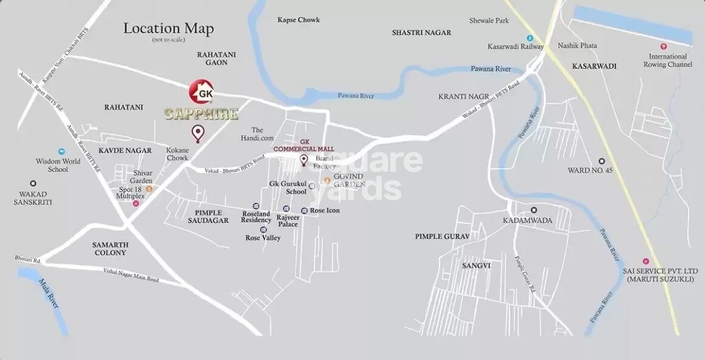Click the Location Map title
pyautogui.click(x=168, y=29)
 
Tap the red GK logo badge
pyautogui.click(x=201, y=92)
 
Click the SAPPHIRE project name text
pyautogui.click(x=201, y=114)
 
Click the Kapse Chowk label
pyautogui.click(x=298, y=20)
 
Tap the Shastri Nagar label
pyautogui.click(x=422, y=32)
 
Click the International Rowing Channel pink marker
pyautogui.click(x=664, y=47)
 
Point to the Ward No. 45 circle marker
pyautogui.click(x=602, y=161)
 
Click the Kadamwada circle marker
pyautogui.click(x=534, y=210)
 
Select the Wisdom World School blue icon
pyautogui.click(x=61, y=151)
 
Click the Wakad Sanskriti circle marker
pyautogui.click(x=33, y=183)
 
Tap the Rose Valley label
pyautogui.click(x=263, y=238)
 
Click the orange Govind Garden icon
pyautogui.click(x=326, y=181)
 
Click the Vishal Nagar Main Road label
pyautogui.click(x=131, y=275)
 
